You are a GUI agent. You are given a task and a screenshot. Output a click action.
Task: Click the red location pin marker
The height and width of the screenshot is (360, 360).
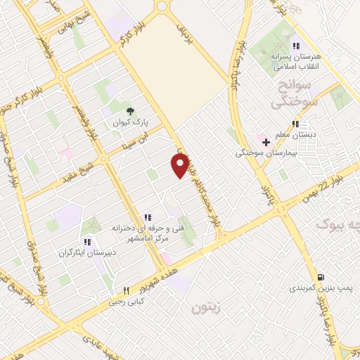pos(179,166)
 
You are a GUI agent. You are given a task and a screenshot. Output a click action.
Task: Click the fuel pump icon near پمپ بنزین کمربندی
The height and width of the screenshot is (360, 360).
pos(321,277)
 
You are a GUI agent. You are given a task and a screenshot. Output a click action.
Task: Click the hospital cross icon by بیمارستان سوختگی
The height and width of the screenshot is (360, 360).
pos(266,142)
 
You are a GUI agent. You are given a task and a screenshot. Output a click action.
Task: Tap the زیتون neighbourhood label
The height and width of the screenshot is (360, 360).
pos(207,307)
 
